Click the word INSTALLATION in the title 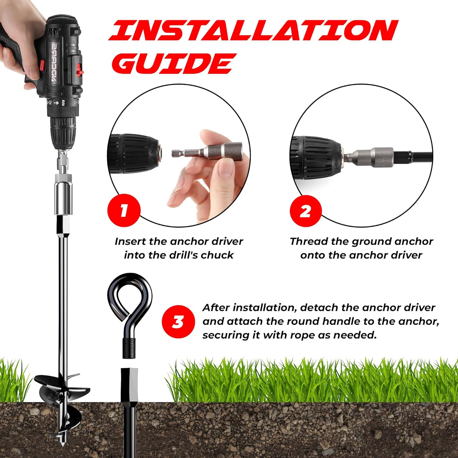click(x=253, y=31)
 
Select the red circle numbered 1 click(x=124, y=210)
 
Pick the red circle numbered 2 click(x=306, y=211)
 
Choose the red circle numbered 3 click(x=178, y=322)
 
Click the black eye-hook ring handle click(x=130, y=296)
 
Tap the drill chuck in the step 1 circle click(x=134, y=151)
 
